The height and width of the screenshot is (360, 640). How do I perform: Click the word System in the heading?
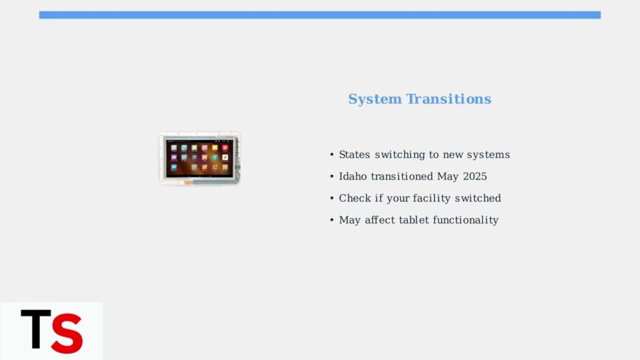coord(375,99)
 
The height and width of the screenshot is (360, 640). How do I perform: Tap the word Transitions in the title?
coord(449,99)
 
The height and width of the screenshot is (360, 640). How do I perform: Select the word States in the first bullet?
coord(354,155)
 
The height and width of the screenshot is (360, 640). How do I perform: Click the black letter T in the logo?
coord(36,329)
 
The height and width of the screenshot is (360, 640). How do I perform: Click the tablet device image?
coord(199,158)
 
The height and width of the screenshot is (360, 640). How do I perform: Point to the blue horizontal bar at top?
coord(320,15)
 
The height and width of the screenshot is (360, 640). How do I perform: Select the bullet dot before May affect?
coord(332,221)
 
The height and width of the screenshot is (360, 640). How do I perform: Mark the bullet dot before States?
coord(332,155)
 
